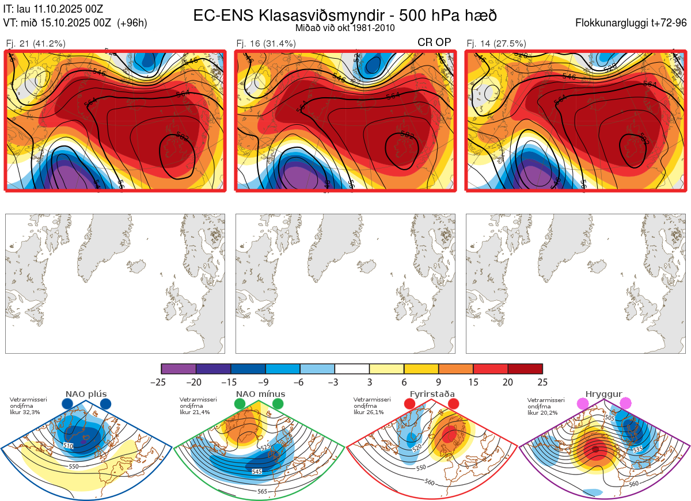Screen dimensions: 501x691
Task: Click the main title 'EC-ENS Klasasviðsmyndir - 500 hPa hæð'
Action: pyautogui.click(x=345, y=16)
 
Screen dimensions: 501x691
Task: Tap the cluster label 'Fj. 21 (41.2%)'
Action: pyautogui.click(x=35, y=43)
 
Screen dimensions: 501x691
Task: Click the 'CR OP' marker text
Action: pyautogui.click(x=434, y=42)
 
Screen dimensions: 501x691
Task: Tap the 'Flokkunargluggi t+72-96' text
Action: pyautogui.click(x=631, y=23)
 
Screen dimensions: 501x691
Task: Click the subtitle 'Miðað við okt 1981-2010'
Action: pyautogui.click(x=345, y=28)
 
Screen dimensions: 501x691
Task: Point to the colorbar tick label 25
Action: pyautogui.click(x=542, y=382)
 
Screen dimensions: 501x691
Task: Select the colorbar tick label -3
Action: pyautogui.click(x=335, y=382)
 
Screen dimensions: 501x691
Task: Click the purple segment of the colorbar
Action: pyautogui.click(x=179, y=369)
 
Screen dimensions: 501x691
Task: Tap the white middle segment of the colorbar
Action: pyautogui.click(x=352, y=369)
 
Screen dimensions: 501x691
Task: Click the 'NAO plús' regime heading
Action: pyautogui.click(x=86, y=394)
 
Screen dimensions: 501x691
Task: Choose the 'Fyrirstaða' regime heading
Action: pyautogui.click(x=432, y=394)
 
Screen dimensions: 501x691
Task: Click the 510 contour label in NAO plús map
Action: pyautogui.click(x=68, y=446)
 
